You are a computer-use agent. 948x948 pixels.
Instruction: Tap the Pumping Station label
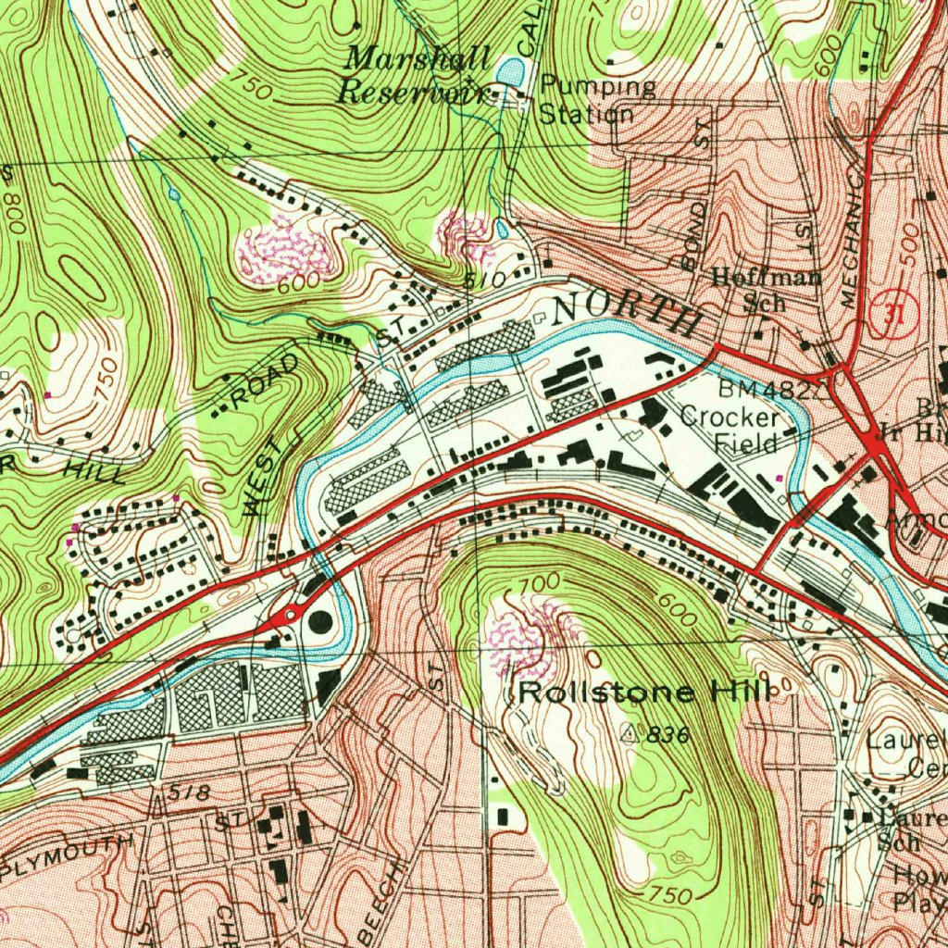pyautogui.click(x=592, y=100)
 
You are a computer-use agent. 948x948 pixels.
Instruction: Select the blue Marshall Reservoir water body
pyautogui.click(x=509, y=70)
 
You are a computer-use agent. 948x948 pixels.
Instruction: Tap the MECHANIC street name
pyautogui.click(x=853, y=250)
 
